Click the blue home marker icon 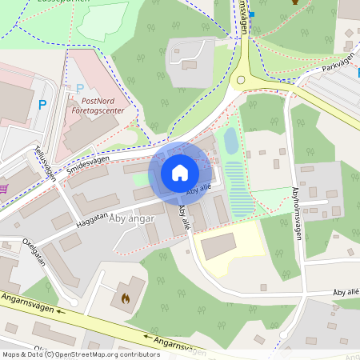click(180, 172)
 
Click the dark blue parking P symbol click(42, 104)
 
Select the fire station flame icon click(124, 298)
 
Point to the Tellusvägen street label click(45, 162)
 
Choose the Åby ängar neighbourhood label click(132, 219)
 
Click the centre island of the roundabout click(241, 79)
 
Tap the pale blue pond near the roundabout click(230, 142)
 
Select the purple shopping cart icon click(4, 189)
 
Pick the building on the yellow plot click(218, 246)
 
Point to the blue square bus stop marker click(252, 14)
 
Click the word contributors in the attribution click(138, 354)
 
